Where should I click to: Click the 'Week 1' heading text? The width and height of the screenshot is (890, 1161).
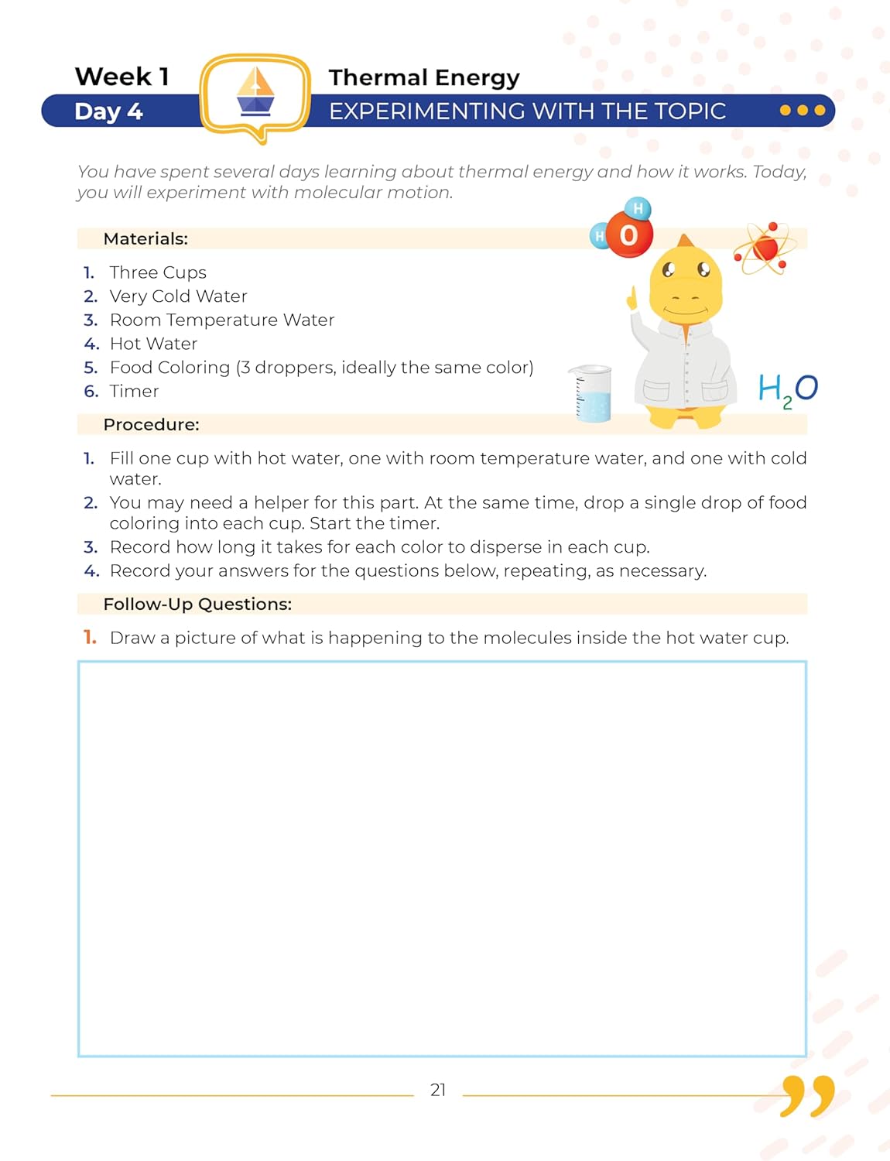[122, 77]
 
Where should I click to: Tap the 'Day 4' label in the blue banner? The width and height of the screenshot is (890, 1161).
[108, 111]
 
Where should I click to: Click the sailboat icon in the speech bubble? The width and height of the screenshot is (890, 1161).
[255, 92]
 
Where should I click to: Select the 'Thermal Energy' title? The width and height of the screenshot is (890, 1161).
[424, 77]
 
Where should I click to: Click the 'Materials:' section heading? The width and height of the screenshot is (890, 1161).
[145, 238]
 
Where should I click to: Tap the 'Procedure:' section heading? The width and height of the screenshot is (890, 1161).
[151, 424]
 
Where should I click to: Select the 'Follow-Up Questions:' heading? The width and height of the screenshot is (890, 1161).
[197, 604]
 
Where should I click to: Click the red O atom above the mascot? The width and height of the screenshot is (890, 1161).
[628, 235]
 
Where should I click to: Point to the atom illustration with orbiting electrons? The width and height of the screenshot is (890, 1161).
[764, 248]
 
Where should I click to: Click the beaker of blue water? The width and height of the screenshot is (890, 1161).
[593, 395]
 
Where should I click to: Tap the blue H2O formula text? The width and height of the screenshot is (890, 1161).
[787, 389]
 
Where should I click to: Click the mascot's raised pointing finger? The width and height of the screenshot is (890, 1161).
[632, 299]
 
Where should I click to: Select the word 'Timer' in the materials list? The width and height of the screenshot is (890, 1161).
[134, 391]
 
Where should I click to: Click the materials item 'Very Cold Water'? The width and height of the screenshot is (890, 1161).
[178, 296]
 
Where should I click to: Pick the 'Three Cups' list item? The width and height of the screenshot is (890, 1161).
[158, 272]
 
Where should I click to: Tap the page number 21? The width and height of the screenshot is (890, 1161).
[438, 1090]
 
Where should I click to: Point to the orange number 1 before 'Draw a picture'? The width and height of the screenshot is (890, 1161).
[90, 637]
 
